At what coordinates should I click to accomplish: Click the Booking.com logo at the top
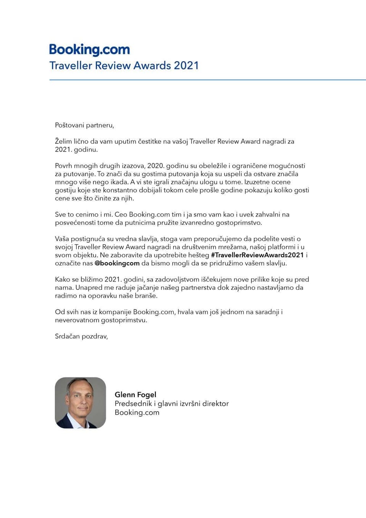90,50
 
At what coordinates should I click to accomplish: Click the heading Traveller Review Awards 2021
124,66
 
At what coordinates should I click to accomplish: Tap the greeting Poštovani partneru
84,125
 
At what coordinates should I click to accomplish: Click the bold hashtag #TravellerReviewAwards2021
257,255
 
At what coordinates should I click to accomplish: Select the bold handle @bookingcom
117,263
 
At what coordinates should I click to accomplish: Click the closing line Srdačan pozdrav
81,336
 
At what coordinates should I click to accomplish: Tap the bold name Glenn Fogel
135,395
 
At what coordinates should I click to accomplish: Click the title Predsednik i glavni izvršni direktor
172,403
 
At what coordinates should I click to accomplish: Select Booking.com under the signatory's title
137,412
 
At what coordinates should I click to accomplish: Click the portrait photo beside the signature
80,403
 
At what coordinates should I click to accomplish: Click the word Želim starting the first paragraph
63,141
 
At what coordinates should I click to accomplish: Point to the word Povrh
64,166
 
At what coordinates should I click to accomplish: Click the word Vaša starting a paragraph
62,239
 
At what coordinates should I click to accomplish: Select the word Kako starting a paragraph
63,279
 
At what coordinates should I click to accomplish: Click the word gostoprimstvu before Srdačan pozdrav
124,320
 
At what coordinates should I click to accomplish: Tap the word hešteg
199,255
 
